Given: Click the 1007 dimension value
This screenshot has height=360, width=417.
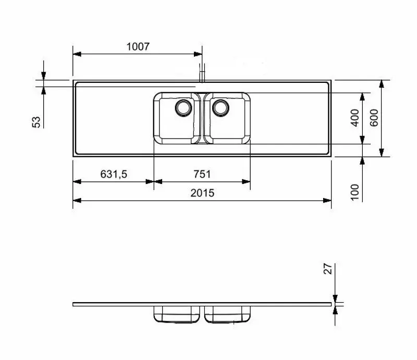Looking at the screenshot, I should click(x=138, y=46).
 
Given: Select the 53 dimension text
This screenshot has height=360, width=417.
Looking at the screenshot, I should click(x=36, y=121).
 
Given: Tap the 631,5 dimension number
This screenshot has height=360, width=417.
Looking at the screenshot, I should click(x=114, y=175).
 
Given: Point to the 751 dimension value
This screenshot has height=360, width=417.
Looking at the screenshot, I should click(x=202, y=175).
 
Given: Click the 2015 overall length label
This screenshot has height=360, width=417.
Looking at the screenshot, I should click(x=202, y=193).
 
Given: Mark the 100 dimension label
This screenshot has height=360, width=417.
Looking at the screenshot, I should click(x=355, y=192).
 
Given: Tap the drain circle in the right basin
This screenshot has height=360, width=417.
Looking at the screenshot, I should click(x=221, y=107).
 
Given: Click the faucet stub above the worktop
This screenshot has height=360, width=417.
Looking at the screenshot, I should click(x=202, y=72).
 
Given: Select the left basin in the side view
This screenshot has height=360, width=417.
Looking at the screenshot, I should click(x=177, y=314).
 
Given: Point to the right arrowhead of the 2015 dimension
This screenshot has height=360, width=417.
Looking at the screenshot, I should click(x=328, y=200).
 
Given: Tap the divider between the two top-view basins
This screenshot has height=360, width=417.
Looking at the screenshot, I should click(x=202, y=118).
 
